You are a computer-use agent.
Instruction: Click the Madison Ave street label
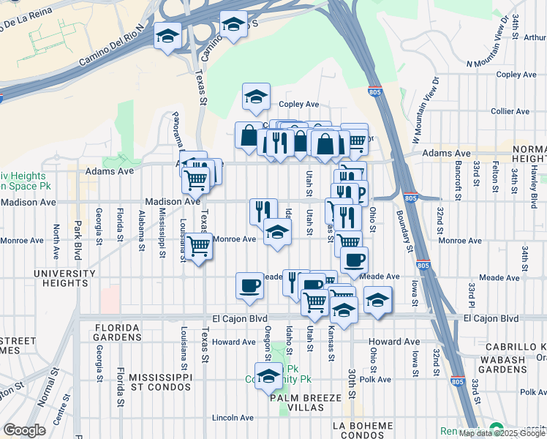[173, 201]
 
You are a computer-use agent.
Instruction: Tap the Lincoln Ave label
[232, 418]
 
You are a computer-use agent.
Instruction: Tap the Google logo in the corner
[24, 430]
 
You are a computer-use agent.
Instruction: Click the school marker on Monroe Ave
[276, 233]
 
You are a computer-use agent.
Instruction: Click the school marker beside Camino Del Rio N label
[168, 35]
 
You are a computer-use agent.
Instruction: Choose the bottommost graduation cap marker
[269, 376]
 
